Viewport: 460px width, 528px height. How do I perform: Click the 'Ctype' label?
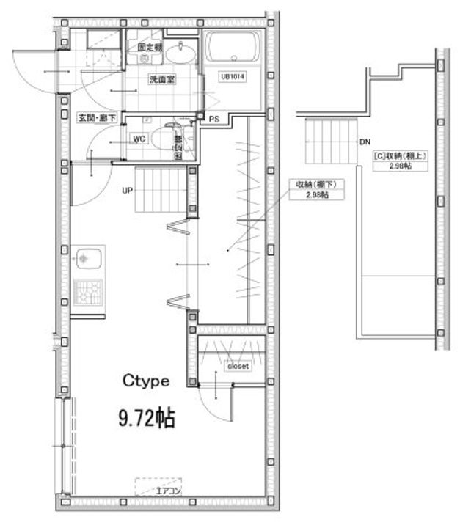pyautogui.click(x=146, y=381)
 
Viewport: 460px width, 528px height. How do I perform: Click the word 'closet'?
pyautogui.click(x=238, y=364)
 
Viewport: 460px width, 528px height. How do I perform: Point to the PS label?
pyautogui.click(x=214, y=119)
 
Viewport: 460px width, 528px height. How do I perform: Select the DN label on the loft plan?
pyautogui.click(x=365, y=142)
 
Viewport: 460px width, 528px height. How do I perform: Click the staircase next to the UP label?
pyautogui.click(x=161, y=189)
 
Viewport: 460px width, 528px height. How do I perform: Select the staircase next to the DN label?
pyautogui.click(x=329, y=142)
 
